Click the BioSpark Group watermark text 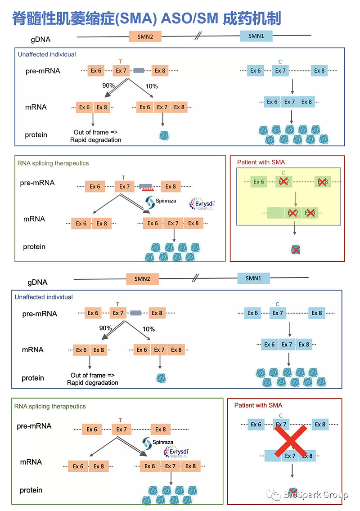tap(316, 495)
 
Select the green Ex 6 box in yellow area tap(259, 182)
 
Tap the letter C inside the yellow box tap(283, 172)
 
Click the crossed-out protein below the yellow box tap(295, 249)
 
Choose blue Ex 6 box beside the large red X tap(256, 424)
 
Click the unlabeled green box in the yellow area tap(276, 213)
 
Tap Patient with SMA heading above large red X tap(258, 405)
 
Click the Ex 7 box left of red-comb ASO tap(125, 186)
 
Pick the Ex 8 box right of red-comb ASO tap(171, 186)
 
